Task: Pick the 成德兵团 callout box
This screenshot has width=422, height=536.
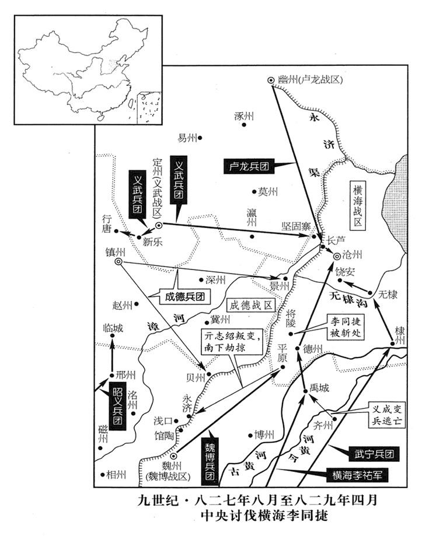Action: pos(186,296)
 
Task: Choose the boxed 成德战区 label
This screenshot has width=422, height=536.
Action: pos(250,305)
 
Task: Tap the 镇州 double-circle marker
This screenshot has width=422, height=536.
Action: pos(118,262)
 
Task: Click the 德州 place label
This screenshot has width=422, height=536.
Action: pos(313,349)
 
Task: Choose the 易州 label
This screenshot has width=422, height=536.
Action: pos(187,138)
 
